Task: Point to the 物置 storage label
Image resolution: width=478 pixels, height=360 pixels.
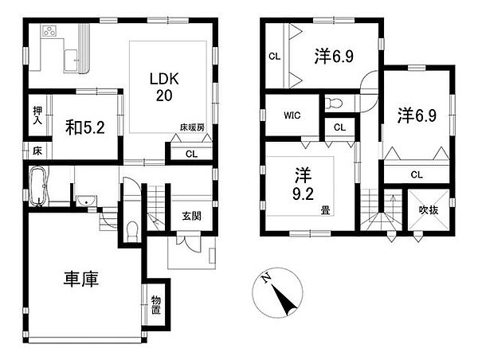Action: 157,306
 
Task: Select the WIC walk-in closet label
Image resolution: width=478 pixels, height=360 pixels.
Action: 291,115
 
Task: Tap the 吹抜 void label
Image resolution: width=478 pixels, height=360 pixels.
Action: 427,210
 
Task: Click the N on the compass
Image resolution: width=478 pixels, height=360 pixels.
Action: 268,280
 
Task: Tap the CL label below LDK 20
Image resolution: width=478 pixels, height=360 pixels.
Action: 191,154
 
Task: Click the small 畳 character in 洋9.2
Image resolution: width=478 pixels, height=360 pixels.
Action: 325,210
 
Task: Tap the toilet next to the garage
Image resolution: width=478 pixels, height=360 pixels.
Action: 132,232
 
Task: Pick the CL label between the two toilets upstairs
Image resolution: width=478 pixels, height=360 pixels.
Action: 339,127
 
